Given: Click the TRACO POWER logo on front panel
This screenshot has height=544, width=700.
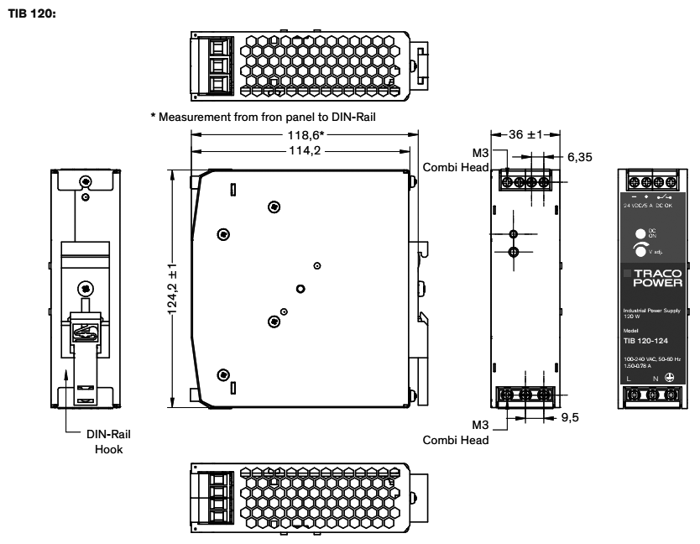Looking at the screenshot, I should (x=658, y=278).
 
